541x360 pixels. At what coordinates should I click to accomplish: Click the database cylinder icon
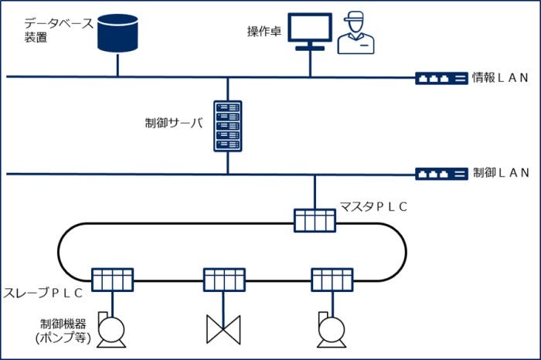(x=117, y=32)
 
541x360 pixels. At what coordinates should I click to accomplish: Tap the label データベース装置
(x=58, y=30)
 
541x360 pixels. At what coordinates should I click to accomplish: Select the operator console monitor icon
(x=310, y=32)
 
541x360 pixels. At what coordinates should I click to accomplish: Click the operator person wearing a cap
(x=356, y=32)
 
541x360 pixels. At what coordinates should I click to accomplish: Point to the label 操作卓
(x=264, y=32)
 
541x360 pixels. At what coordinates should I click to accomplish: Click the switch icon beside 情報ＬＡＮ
(x=441, y=78)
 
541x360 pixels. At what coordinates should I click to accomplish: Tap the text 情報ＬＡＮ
(x=500, y=78)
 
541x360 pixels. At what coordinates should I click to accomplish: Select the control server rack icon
(x=228, y=126)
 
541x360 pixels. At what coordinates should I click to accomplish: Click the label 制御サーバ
(x=174, y=123)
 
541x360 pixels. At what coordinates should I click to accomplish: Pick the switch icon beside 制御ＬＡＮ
(x=441, y=174)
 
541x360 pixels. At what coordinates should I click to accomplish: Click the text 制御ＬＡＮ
(x=501, y=173)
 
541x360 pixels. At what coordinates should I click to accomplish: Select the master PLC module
(x=315, y=221)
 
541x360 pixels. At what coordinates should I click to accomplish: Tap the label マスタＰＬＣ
(x=373, y=206)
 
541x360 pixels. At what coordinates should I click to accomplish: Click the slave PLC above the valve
(x=224, y=280)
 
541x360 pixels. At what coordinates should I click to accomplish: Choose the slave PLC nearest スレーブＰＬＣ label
(x=113, y=280)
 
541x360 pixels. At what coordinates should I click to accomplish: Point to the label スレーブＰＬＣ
(x=43, y=293)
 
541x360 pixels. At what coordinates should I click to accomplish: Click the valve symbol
(x=223, y=329)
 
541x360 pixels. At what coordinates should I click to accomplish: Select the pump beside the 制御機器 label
(x=111, y=329)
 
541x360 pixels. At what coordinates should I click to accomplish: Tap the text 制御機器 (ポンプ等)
(x=63, y=331)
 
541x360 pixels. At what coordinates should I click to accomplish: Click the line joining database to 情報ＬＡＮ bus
(x=117, y=64)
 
